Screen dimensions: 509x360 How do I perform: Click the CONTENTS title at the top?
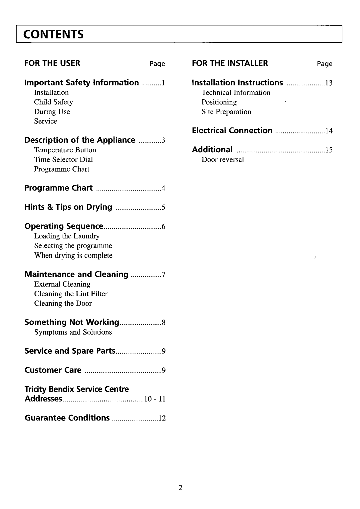pos(54,34)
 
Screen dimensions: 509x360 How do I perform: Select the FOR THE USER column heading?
pos(52,63)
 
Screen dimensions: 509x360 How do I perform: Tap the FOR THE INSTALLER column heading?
pos(230,63)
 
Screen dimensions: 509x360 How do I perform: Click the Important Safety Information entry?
pos(82,83)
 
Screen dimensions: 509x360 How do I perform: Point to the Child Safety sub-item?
pos(53,102)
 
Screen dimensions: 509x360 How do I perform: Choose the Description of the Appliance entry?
pos(80,140)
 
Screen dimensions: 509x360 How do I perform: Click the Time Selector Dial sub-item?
pos(63,159)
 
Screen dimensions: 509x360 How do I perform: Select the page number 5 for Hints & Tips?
pos(164,208)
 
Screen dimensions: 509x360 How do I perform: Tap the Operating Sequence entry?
pos(64,226)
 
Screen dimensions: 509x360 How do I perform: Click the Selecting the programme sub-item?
pos(73,246)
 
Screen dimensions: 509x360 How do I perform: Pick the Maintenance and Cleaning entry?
pos(76,274)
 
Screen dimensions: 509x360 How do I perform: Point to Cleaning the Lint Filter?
pos(71,294)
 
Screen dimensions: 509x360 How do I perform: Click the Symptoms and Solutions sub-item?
pos(73,332)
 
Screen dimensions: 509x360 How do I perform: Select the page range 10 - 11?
pos(155,399)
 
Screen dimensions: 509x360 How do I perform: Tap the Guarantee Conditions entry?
pos(67,418)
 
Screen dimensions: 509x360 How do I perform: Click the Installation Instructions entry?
pos(237,83)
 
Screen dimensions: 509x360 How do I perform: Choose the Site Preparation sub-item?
pos(226,112)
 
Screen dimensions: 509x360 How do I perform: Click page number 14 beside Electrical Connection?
pos(329,131)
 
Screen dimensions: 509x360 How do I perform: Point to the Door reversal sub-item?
pos(223,159)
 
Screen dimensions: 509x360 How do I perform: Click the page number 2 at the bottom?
pos(180,488)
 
